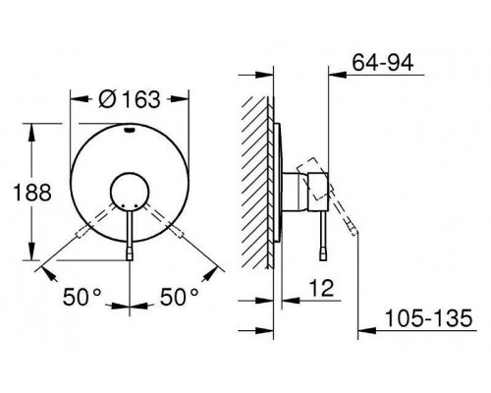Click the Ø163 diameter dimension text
click(x=130, y=99)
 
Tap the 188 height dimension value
click(x=32, y=193)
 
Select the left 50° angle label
click(x=82, y=297)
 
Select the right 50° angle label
click(x=179, y=297)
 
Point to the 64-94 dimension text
click(x=383, y=62)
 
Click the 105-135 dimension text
click(x=429, y=318)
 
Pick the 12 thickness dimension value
click(x=321, y=288)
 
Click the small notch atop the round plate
click(x=130, y=131)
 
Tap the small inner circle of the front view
click(x=130, y=192)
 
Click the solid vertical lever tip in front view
click(x=130, y=253)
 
